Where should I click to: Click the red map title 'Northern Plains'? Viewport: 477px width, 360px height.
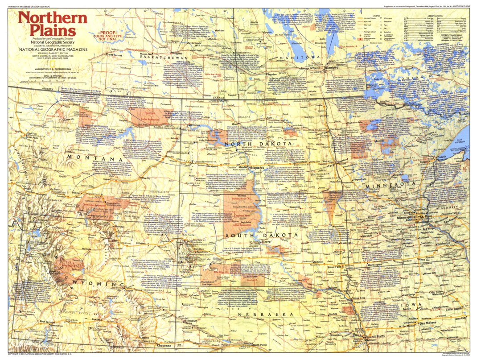click(x=53, y=25)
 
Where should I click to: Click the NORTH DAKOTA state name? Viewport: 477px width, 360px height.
click(x=260, y=144)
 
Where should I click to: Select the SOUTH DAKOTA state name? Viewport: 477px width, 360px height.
click(x=261, y=235)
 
